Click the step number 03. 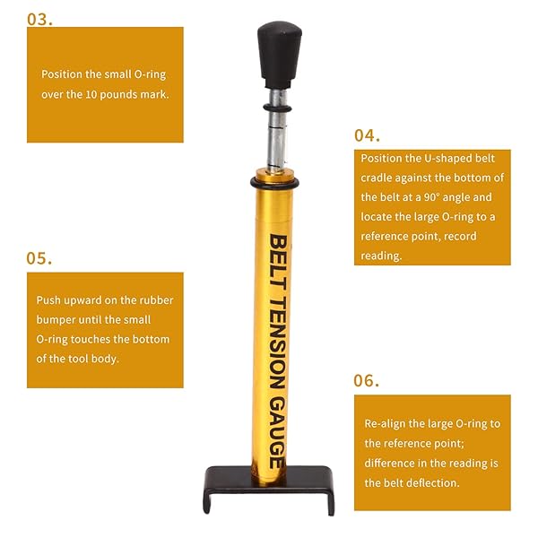click(39, 20)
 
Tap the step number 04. click(367, 135)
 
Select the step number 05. click(39, 258)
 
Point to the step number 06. click(367, 380)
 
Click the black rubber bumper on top click(280, 55)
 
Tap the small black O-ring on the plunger click(277, 108)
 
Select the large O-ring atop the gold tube click(274, 183)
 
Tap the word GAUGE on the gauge click(277, 432)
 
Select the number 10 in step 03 click(91, 94)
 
